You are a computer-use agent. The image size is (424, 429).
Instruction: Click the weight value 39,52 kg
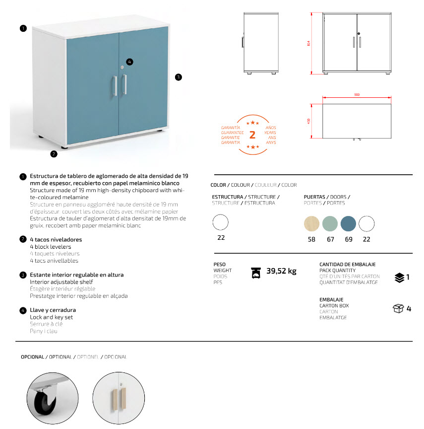(x=281, y=271)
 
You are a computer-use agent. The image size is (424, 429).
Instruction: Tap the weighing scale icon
(x=256, y=272)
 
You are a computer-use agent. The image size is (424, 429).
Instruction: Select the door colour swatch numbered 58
(x=311, y=224)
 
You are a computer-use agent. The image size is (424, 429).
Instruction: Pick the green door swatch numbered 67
(x=330, y=224)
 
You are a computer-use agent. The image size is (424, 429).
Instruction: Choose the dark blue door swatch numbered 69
(x=348, y=224)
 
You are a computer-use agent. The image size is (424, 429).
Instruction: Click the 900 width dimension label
(x=357, y=95)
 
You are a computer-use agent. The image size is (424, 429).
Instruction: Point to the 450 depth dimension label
(x=309, y=121)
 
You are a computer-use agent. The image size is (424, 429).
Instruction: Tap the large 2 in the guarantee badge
(x=252, y=135)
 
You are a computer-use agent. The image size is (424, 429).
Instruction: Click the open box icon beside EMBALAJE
(x=398, y=309)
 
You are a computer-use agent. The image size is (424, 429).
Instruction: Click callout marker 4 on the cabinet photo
(x=129, y=62)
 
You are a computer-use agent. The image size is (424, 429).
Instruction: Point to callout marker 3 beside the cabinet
(x=179, y=77)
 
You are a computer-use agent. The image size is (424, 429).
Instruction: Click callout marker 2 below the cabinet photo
(x=54, y=153)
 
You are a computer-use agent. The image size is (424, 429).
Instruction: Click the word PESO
(x=220, y=265)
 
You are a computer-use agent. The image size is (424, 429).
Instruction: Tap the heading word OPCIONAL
(x=33, y=357)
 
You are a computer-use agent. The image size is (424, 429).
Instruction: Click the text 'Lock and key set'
(x=52, y=317)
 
